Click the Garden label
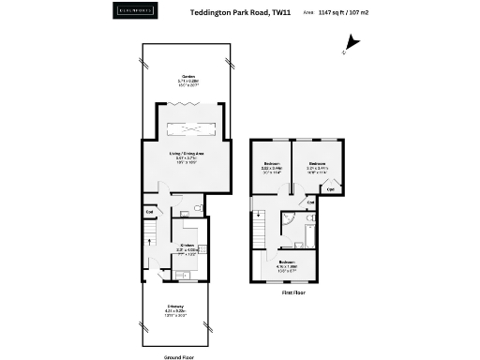coord(183,78)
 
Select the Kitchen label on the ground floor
coord(187,247)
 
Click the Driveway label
coord(176,307)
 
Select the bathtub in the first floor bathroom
coord(310,228)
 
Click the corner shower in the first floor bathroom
coord(290,220)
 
